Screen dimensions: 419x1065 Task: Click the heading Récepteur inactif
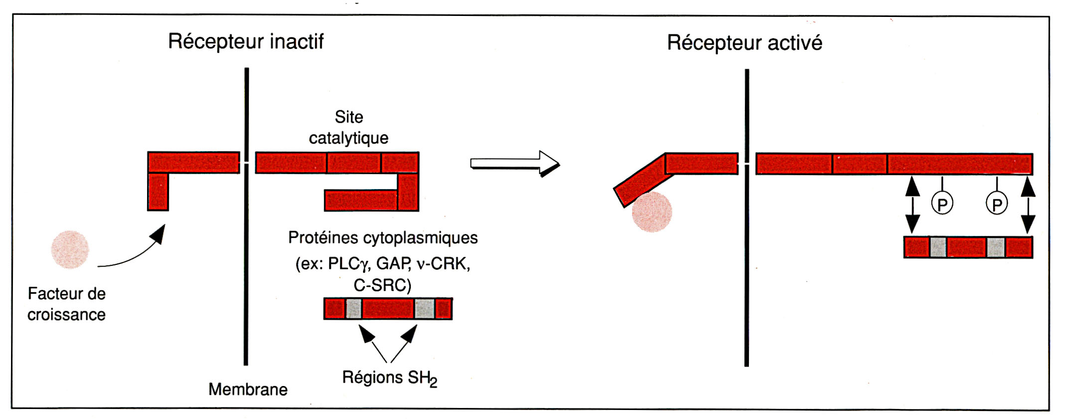246,41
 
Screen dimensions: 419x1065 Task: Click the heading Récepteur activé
744,43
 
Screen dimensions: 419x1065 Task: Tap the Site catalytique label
349,127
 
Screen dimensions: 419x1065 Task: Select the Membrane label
248,389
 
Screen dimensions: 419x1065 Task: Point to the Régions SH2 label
389,378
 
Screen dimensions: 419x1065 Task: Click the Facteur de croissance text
66,304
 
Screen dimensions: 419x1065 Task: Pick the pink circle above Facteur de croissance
70,249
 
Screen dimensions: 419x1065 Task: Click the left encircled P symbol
942,204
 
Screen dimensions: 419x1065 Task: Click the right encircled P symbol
997,204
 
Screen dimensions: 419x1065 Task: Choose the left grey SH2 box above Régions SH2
354,309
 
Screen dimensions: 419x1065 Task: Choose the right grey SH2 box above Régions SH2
424,309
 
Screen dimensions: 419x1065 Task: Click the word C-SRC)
382,285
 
